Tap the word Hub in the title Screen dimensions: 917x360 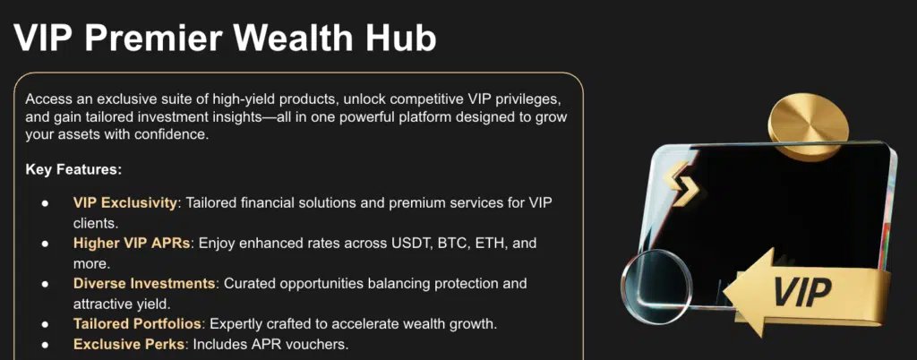pyautogui.click(x=408, y=39)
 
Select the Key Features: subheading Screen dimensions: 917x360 pyautogui.click(x=73, y=170)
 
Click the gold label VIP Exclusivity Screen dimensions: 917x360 pyautogui.click(x=125, y=202)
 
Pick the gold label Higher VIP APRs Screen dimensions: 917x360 pyautogui.click(x=132, y=243)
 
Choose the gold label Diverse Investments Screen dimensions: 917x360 pyautogui.click(x=144, y=284)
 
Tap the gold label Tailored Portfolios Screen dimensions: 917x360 pyautogui.click(x=137, y=323)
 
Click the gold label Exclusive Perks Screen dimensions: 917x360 pyautogui.click(x=129, y=344)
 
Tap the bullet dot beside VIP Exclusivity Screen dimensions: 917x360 pyautogui.click(x=45, y=203)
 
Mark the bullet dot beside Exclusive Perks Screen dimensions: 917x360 pyautogui.click(x=45, y=345)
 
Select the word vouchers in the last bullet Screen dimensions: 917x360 pyautogui.click(x=322, y=344)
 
